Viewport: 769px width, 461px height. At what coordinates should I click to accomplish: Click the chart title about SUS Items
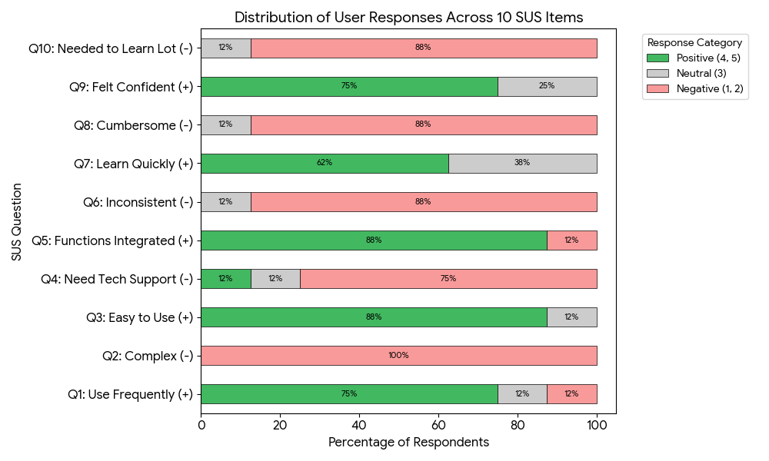408,18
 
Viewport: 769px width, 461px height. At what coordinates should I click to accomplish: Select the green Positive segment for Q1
349,394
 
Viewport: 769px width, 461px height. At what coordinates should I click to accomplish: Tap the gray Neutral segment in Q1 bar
522,394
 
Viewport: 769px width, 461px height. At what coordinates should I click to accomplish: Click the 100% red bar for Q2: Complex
398,356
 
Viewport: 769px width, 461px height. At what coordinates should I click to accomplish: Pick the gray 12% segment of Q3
571,317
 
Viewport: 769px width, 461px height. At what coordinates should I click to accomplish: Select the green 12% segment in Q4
225,279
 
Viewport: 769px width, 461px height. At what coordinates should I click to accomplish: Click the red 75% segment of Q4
448,279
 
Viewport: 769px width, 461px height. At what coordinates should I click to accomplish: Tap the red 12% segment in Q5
571,240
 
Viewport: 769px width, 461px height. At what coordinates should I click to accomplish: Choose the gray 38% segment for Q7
522,164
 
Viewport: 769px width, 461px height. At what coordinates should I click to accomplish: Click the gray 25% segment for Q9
547,87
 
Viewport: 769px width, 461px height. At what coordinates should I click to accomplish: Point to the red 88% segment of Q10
423,48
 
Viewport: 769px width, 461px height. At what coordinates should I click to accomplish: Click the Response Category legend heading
694,43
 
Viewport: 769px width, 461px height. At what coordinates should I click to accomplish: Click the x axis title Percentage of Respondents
408,443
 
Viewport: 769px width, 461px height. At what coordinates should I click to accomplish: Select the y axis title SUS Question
17,221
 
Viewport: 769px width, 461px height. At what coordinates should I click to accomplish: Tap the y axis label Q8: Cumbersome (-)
133,125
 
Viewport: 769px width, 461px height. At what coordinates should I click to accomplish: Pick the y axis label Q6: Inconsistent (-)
138,202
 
